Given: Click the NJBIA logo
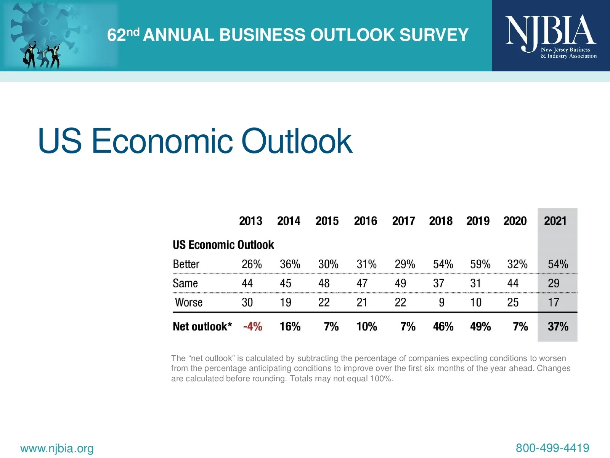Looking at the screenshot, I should coord(551,36).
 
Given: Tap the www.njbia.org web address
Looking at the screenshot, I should coord(57,448).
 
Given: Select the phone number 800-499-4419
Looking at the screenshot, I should coord(552,448).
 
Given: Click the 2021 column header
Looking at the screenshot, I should coord(555,221).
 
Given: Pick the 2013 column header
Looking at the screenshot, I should coord(250,221).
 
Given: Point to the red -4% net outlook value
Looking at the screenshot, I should coord(252,327).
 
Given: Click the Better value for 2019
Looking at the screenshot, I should coord(480,264).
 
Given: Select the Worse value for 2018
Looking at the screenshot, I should coord(441,302).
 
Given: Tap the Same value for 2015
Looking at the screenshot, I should coord(324,283).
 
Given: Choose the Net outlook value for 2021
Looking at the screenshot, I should coord(558,327).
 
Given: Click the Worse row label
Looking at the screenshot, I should coord(189,302).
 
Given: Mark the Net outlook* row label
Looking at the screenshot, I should coord(202,327).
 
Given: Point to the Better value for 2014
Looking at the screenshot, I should coord(290,264).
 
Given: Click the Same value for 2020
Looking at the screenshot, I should coord(513,283).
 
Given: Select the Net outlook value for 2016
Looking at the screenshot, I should coord(366,327).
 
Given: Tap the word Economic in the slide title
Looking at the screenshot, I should coord(162,141).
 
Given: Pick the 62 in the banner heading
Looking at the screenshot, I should coord(116,35).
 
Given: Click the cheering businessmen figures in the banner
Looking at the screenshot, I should coord(42,56).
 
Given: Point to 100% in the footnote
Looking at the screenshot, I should coord(380,379).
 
